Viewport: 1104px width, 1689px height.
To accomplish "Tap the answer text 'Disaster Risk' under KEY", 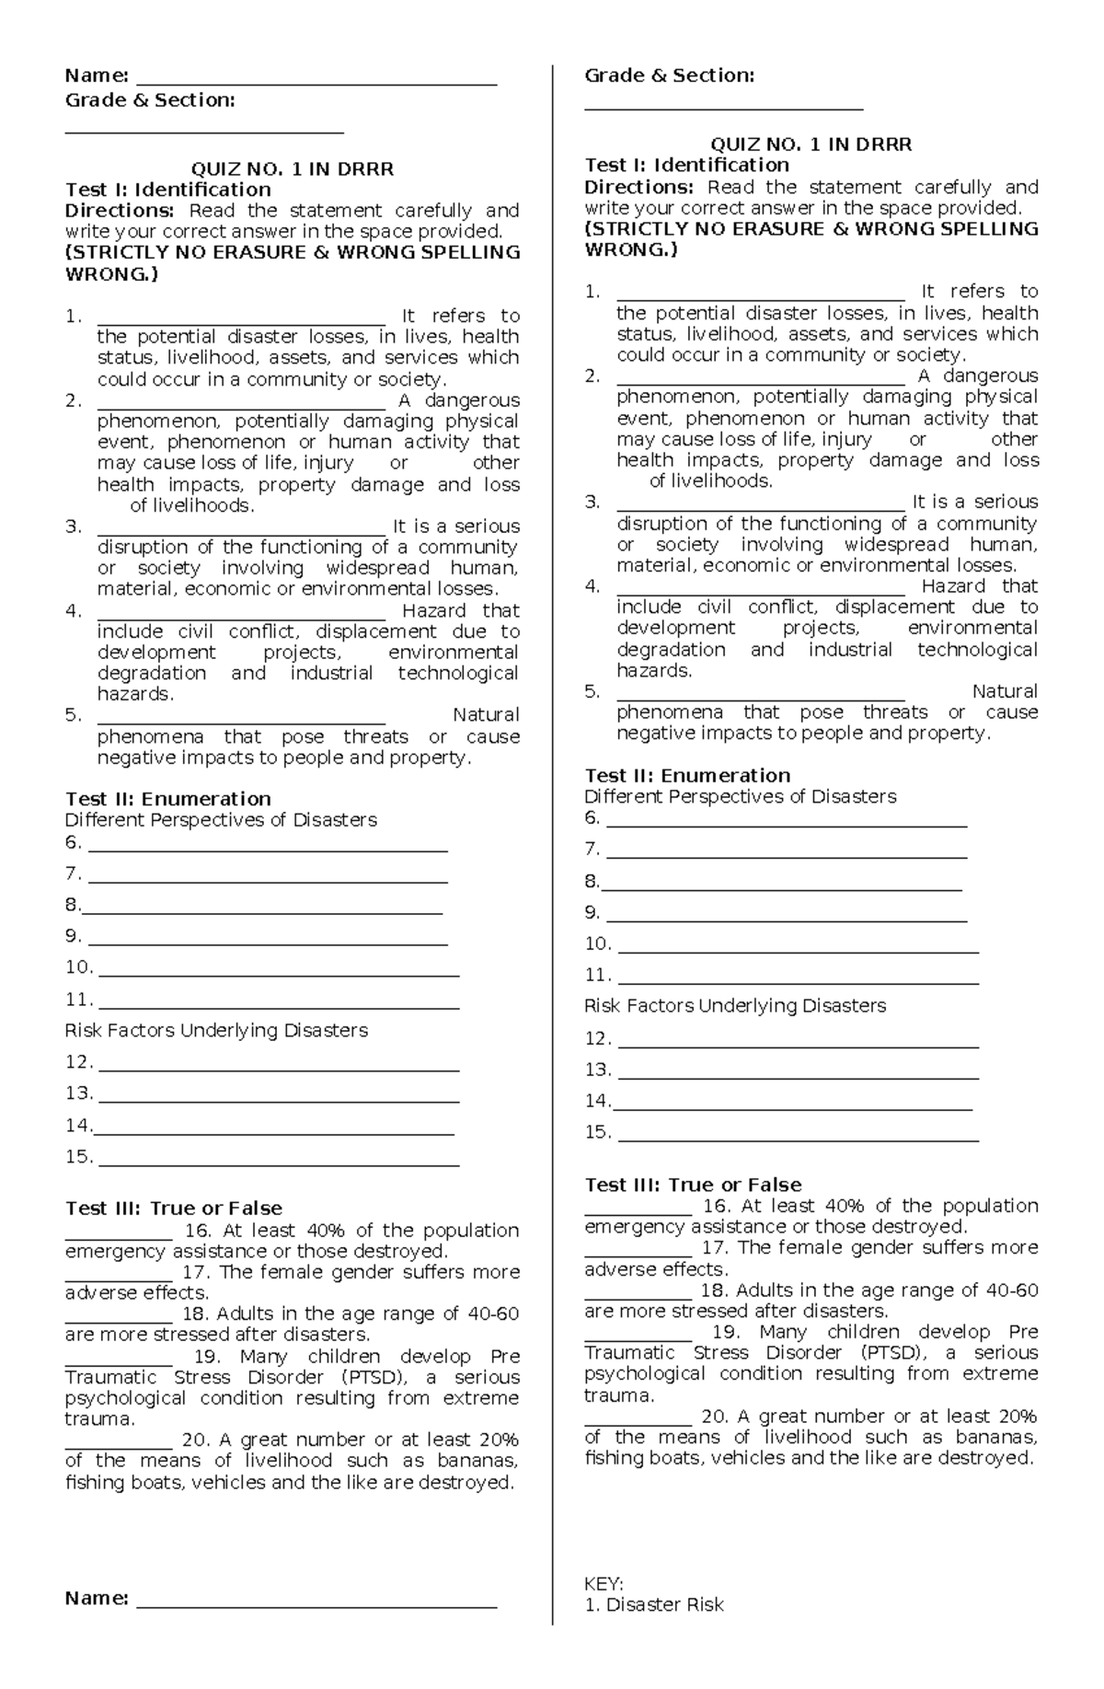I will tap(664, 1604).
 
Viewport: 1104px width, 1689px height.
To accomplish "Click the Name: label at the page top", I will tap(96, 75).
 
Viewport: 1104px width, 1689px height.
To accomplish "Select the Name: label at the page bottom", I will tap(96, 1598).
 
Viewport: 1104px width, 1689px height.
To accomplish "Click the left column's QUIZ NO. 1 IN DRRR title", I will tap(292, 168).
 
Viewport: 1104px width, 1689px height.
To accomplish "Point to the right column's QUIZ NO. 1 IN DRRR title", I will tap(811, 144).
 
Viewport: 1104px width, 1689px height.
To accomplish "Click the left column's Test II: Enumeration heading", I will tap(167, 798).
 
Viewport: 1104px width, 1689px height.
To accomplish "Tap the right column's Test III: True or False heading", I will tap(693, 1185).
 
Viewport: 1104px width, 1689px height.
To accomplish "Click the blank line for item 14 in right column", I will tap(792, 1107).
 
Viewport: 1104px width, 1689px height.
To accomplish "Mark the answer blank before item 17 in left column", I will tap(119, 1278).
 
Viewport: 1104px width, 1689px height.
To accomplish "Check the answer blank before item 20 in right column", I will tap(638, 1421).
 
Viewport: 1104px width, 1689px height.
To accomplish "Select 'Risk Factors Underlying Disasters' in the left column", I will tap(216, 1030).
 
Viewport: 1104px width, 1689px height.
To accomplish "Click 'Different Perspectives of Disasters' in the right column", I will tap(740, 796).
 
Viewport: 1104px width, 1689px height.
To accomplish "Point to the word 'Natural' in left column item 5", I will tap(486, 714).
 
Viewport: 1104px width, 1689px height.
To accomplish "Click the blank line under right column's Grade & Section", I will tap(724, 108).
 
